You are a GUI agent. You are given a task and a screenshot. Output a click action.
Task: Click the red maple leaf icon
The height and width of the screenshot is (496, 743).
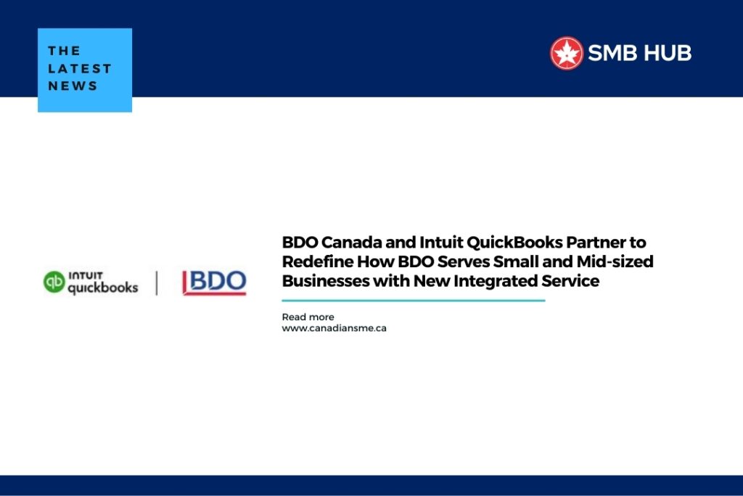pos(567,54)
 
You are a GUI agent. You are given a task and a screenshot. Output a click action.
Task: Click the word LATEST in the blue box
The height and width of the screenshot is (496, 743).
pos(80,68)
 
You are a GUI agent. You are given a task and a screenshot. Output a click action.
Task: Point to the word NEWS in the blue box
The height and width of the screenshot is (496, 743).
pos(73,86)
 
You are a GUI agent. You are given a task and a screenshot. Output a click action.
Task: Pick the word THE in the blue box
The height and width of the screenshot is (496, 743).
pos(64,51)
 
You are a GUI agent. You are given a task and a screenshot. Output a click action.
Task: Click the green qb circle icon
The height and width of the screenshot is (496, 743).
pos(54,282)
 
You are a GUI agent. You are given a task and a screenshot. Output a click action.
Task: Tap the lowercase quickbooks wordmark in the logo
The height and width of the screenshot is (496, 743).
pos(102,287)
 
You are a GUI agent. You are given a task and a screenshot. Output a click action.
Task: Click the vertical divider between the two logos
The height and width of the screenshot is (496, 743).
pos(157,282)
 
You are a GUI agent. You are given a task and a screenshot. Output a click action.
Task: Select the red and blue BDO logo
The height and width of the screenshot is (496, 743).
pos(214,282)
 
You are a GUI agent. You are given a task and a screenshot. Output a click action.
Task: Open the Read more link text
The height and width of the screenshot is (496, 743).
pos(308,317)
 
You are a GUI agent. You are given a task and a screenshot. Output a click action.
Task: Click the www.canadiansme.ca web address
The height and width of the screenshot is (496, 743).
pos(334,328)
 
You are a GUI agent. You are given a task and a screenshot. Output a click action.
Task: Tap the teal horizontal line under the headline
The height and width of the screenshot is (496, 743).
pos(413,300)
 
